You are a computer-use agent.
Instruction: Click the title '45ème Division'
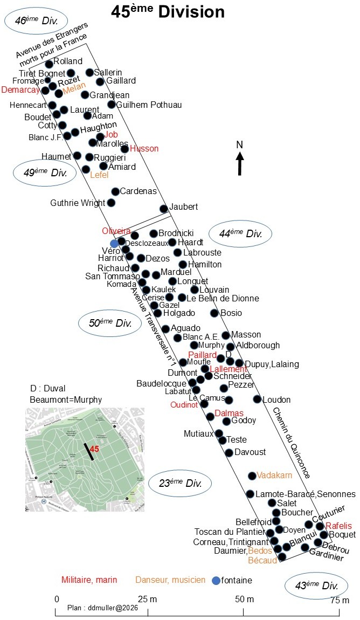[168, 11]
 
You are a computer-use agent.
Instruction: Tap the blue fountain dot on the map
[114, 244]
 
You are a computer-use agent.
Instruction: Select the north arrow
[240, 163]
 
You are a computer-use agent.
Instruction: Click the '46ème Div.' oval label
[36, 20]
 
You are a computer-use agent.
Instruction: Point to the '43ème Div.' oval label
[316, 585]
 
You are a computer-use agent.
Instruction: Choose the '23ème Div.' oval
[180, 483]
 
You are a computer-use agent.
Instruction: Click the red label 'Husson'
[144, 149]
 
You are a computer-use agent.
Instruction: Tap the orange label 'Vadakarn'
[274, 476]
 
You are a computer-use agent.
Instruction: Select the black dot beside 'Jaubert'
[164, 209]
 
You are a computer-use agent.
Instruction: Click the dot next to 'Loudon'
[257, 399]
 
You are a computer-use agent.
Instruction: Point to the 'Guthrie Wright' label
[78, 203]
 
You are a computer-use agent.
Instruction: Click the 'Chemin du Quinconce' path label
[292, 443]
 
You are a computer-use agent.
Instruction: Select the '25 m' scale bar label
[148, 600]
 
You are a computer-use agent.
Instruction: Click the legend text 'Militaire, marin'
[89, 580]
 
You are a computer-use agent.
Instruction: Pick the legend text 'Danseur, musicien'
[170, 580]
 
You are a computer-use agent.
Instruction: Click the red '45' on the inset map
[94, 449]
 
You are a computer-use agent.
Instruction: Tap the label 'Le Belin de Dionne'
[223, 299]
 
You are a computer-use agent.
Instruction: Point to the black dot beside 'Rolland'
[49, 64]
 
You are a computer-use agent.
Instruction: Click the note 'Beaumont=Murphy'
[66, 399]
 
